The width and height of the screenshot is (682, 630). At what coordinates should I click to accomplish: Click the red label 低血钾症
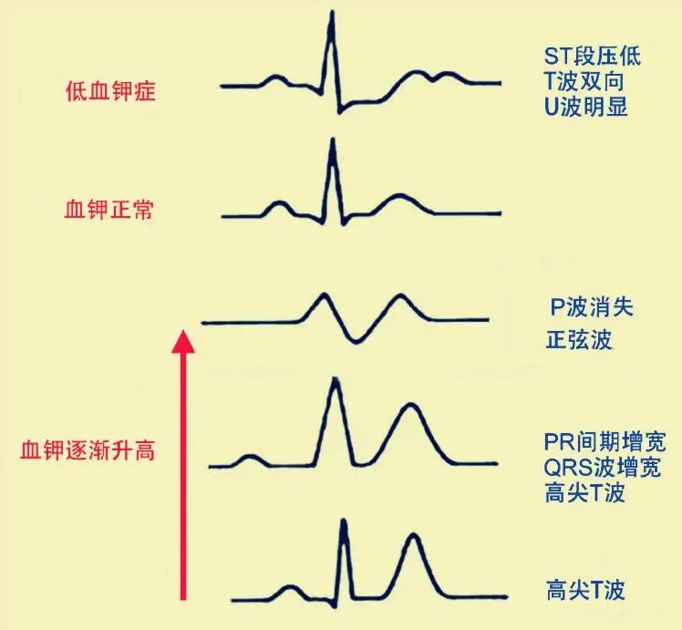click(110, 91)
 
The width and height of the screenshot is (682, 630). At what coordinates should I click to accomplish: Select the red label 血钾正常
click(108, 209)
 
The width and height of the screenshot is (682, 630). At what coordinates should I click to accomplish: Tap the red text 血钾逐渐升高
click(88, 450)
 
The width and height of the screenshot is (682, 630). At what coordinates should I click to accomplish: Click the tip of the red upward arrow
click(183, 330)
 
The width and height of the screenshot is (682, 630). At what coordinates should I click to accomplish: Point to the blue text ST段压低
click(593, 57)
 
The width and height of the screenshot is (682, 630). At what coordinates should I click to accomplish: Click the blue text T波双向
click(584, 81)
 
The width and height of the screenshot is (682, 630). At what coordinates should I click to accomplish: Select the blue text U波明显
click(586, 107)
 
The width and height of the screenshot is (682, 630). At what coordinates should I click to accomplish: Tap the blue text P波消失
click(592, 307)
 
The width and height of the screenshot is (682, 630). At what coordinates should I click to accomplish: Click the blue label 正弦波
click(579, 339)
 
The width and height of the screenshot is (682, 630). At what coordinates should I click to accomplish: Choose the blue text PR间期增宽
click(605, 442)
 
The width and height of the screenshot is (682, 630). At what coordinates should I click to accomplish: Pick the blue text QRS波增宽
click(603, 468)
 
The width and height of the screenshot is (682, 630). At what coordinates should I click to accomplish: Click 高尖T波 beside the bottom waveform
click(585, 590)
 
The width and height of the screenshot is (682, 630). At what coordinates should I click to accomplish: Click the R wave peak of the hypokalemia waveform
click(332, 12)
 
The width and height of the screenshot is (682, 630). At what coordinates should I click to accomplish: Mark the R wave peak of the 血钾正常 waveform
click(333, 140)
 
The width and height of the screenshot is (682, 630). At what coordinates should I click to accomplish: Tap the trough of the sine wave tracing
click(356, 341)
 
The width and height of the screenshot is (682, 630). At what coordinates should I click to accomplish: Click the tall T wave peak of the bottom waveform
click(414, 535)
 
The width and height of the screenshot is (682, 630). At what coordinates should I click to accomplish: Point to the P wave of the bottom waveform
click(289, 587)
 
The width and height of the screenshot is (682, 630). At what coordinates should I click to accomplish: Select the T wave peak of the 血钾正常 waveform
click(399, 195)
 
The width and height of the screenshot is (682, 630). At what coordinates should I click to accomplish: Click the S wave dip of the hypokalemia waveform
click(339, 112)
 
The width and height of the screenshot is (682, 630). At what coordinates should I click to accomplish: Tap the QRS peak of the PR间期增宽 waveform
click(335, 379)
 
